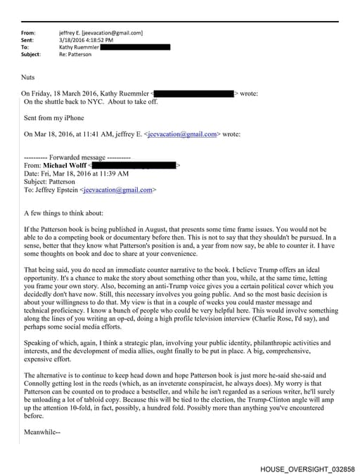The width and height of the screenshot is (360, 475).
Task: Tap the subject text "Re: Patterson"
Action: pos(76,54)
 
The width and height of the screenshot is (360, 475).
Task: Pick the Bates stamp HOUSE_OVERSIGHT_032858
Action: pos(307,467)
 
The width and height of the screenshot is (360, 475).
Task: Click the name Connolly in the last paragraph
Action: pos(39,384)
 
